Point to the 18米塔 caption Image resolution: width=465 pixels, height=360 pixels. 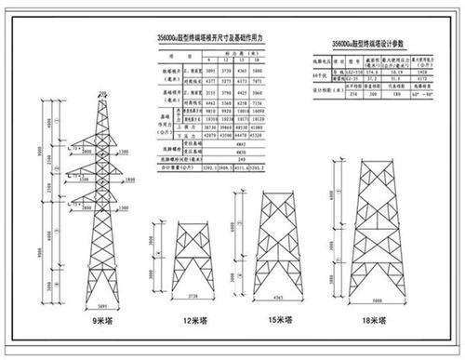373,319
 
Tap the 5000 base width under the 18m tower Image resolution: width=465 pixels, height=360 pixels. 374,299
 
